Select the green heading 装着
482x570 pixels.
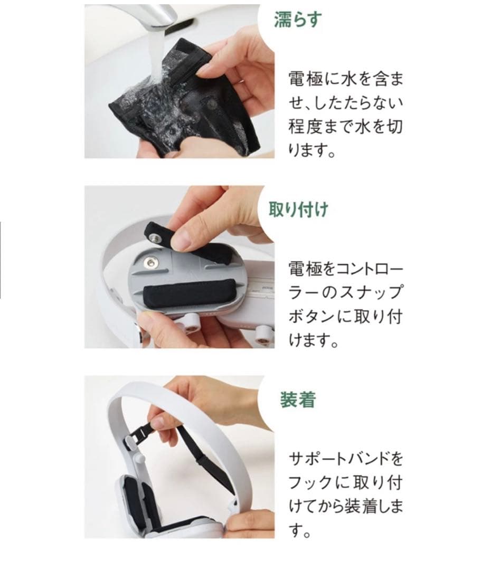coord(298,400)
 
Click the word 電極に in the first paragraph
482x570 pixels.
coord(311,79)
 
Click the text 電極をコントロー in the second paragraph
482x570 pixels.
coord(346,269)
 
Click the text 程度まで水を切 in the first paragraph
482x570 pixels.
coord(346,128)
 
